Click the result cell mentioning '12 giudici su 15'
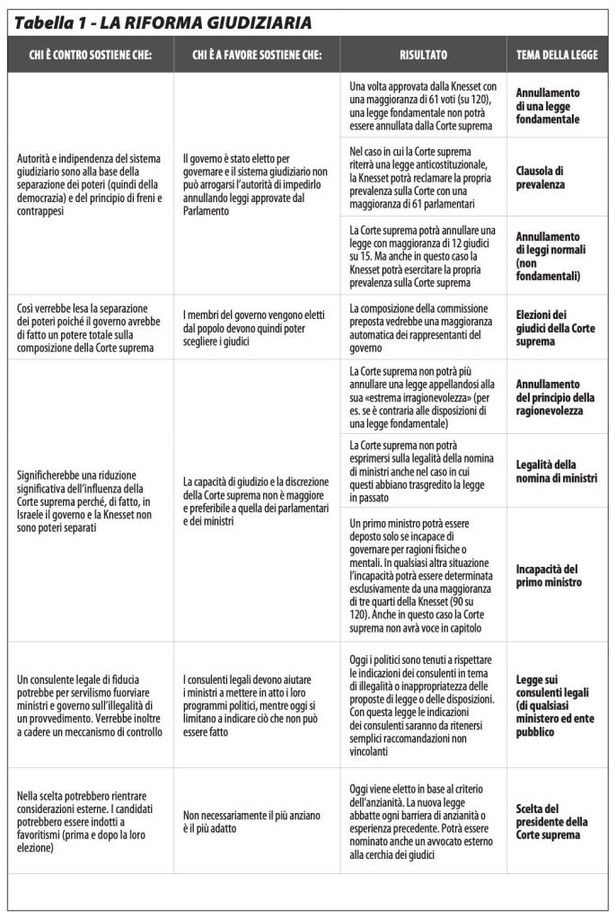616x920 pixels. pos(423,256)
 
